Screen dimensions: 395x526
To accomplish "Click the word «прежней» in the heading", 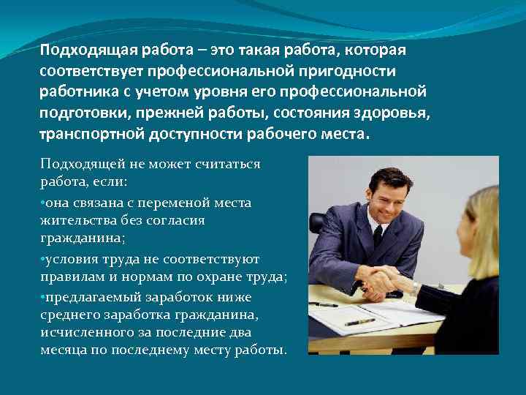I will point(204,114).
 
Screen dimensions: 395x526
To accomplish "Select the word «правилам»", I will point(72,276).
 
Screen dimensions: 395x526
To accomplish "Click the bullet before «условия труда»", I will point(43,259).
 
